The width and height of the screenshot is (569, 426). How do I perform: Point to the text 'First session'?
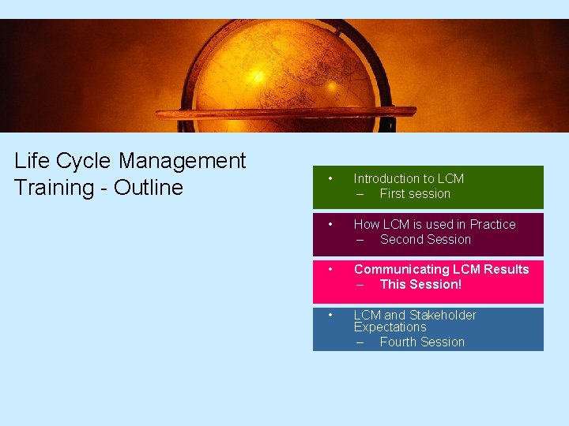[x=415, y=193]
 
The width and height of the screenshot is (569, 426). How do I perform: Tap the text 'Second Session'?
[x=425, y=239]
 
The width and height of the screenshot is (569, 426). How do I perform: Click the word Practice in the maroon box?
[x=492, y=225]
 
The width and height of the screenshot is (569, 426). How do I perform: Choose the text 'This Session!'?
[x=420, y=284]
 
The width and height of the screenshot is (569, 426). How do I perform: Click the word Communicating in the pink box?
[x=398, y=270]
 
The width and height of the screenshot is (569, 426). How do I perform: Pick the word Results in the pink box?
[x=507, y=270]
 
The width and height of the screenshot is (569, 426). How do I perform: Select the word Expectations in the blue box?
[x=390, y=327]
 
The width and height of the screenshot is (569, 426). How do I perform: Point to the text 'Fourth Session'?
[x=422, y=342]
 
